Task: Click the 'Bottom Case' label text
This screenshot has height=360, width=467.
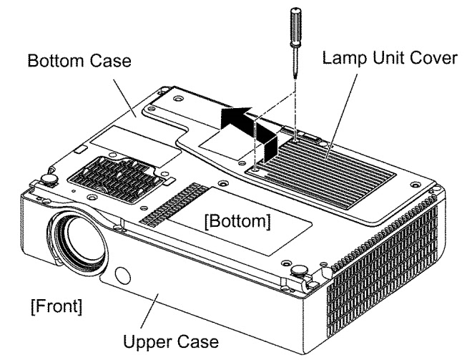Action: pyautogui.click(x=79, y=61)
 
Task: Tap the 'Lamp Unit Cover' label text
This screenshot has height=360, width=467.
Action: pyautogui.click(x=390, y=57)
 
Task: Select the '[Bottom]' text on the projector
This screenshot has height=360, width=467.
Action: pyautogui.click(x=237, y=221)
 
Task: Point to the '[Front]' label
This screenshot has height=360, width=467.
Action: pyautogui.click(x=56, y=306)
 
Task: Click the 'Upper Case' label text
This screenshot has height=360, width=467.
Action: pyautogui.click(x=171, y=341)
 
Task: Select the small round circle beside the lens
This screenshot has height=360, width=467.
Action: pyautogui.click(x=122, y=276)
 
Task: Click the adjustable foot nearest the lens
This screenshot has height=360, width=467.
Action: pyautogui.click(x=48, y=180)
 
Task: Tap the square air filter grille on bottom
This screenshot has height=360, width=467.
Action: pyautogui.click(x=117, y=180)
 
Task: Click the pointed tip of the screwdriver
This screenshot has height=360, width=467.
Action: pyautogui.click(x=295, y=78)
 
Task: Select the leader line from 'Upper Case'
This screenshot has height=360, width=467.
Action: pyautogui.click(x=149, y=311)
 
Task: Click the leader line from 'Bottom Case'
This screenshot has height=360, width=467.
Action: pyautogui.click(x=124, y=98)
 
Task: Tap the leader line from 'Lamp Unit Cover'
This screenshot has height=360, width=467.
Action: pyautogui.click(x=341, y=115)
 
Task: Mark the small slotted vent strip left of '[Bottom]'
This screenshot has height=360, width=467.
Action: pyautogui.click(x=174, y=205)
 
